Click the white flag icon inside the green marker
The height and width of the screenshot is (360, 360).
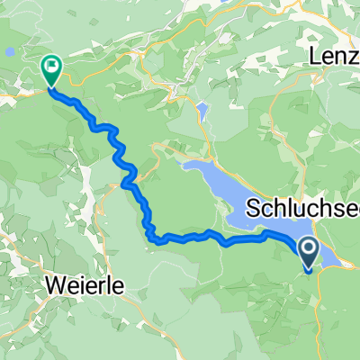(x=51, y=65)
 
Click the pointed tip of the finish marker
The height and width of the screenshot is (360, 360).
(x=50, y=87)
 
